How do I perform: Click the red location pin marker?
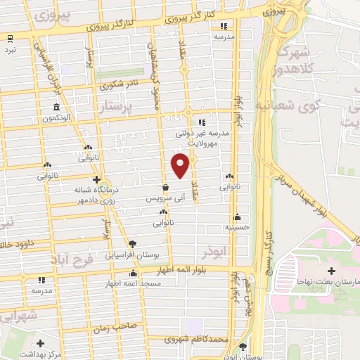click(x=181, y=166)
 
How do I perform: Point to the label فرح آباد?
click(x=72, y=258)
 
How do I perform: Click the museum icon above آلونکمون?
click(x=56, y=107)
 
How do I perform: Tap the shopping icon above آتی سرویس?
click(x=165, y=188)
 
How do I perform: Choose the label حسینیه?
click(x=238, y=227)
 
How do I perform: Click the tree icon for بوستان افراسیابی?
click(x=132, y=243)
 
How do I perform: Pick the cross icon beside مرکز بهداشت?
click(x=40, y=344)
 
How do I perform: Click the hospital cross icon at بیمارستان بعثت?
click(x=330, y=271)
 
